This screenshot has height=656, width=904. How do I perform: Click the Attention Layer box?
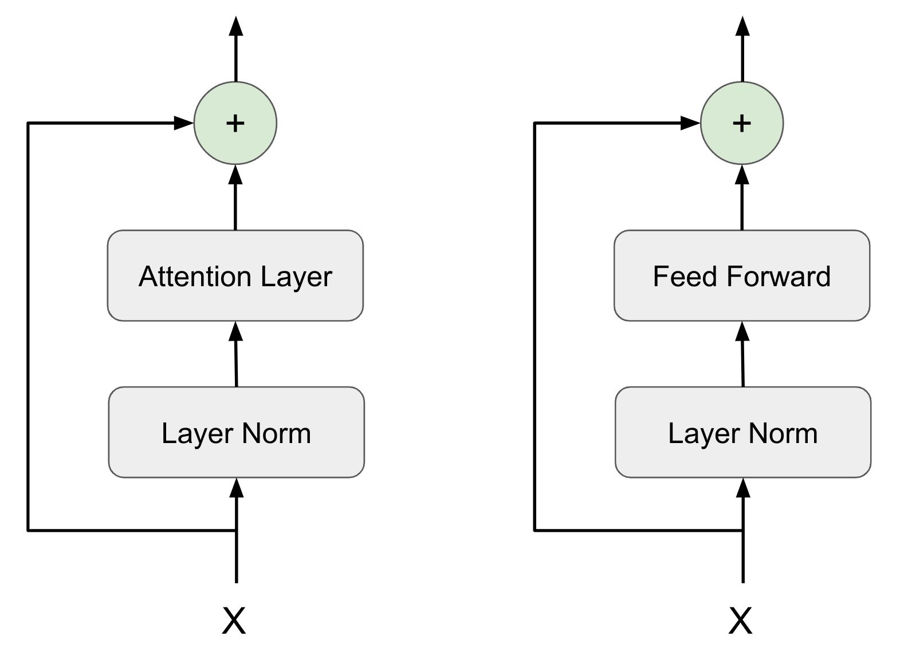click(235, 275)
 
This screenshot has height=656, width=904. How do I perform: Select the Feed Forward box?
click(741, 275)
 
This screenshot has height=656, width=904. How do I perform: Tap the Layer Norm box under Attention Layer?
click(236, 432)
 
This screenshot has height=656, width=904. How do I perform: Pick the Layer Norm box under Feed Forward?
click(742, 432)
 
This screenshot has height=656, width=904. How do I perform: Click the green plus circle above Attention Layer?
click(235, 123)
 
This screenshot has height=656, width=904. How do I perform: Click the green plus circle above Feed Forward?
click(742, 123)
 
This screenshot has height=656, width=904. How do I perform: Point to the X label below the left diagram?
click(234, 621)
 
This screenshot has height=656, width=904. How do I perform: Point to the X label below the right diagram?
click(740, 621)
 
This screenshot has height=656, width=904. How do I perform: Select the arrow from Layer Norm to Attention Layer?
click(236, 355)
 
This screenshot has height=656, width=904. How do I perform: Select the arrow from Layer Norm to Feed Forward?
click(742, 355)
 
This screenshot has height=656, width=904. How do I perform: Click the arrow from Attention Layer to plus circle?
click(235, 197)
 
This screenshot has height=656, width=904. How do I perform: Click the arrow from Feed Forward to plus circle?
click(742, 197)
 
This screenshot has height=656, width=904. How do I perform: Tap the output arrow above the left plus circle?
click(235, 49)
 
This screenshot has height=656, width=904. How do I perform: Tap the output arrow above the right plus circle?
click(742, 49)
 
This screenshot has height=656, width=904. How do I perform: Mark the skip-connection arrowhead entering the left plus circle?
click(183, 122)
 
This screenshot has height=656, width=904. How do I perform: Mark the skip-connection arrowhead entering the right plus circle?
click(690, 122)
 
